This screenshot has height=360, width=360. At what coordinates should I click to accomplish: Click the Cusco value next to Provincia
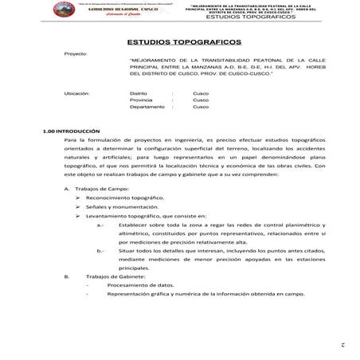(x=201, y=100)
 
